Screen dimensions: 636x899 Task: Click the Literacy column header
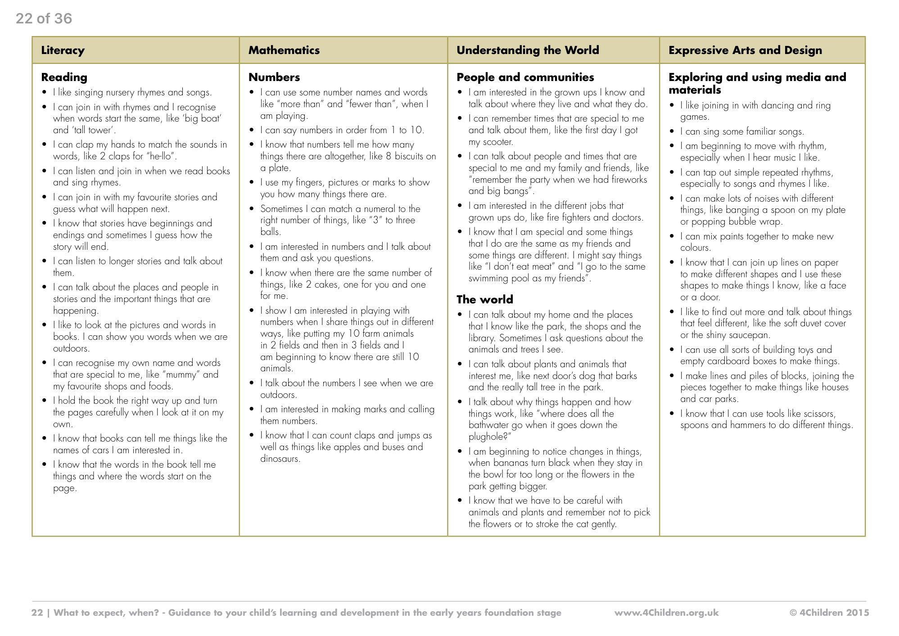(63, 50)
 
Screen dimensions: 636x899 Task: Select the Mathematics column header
(284, 50)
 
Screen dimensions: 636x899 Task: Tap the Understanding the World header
(528, 50)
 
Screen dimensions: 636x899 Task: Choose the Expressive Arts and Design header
(745, 50)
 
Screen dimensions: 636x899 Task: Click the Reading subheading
(64, 77)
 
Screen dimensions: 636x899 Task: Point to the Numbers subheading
(274, 77)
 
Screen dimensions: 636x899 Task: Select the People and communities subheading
(525, 77)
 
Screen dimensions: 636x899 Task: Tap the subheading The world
(484, 299)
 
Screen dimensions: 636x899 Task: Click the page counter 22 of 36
(44, 18)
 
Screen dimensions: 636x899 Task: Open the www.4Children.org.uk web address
(666, 613)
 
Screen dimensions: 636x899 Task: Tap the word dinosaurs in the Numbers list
(280, 459)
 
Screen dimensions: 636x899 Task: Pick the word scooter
(497, 142)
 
